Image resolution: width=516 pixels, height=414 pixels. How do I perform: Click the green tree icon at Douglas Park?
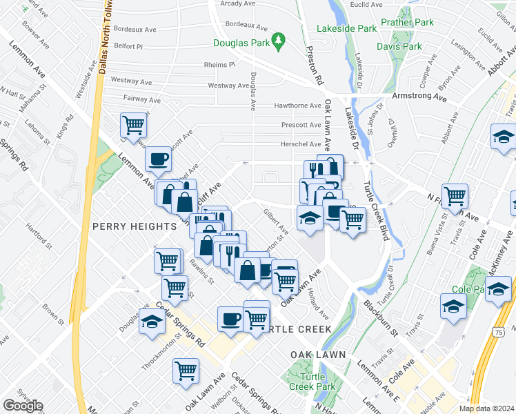point(279,42)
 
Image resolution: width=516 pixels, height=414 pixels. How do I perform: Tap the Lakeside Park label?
point(346,29)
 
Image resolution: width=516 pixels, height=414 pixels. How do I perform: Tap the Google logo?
point(23,406)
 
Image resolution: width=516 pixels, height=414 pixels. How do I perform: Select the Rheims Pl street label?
point(220,65)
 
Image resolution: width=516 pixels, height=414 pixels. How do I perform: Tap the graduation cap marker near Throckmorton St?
point(152,322)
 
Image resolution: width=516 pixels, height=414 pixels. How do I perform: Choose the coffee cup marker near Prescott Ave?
point(158,159)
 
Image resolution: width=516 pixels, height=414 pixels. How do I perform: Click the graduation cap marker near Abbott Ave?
point(503,137)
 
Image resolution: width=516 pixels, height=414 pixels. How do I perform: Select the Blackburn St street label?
point(381,319)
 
